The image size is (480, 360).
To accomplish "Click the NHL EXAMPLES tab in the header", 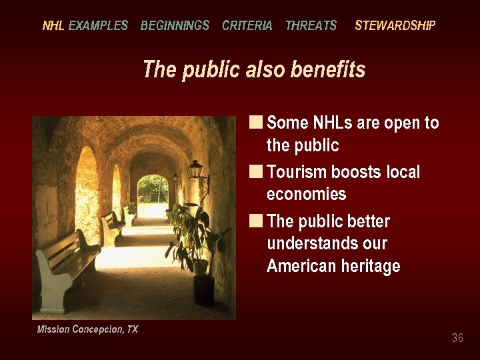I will (85, 26).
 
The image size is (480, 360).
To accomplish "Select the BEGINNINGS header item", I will (175, 26).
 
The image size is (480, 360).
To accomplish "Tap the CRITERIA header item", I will (247, 26).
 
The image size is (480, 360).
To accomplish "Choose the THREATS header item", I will (311, 26).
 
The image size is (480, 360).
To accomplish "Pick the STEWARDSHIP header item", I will (395, 26).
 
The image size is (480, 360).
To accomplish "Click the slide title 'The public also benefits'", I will (254, 69).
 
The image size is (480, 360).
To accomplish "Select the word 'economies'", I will (306, 194).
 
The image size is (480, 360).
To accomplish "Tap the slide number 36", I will (457, 338).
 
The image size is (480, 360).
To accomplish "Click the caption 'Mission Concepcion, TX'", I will (87, 329).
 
